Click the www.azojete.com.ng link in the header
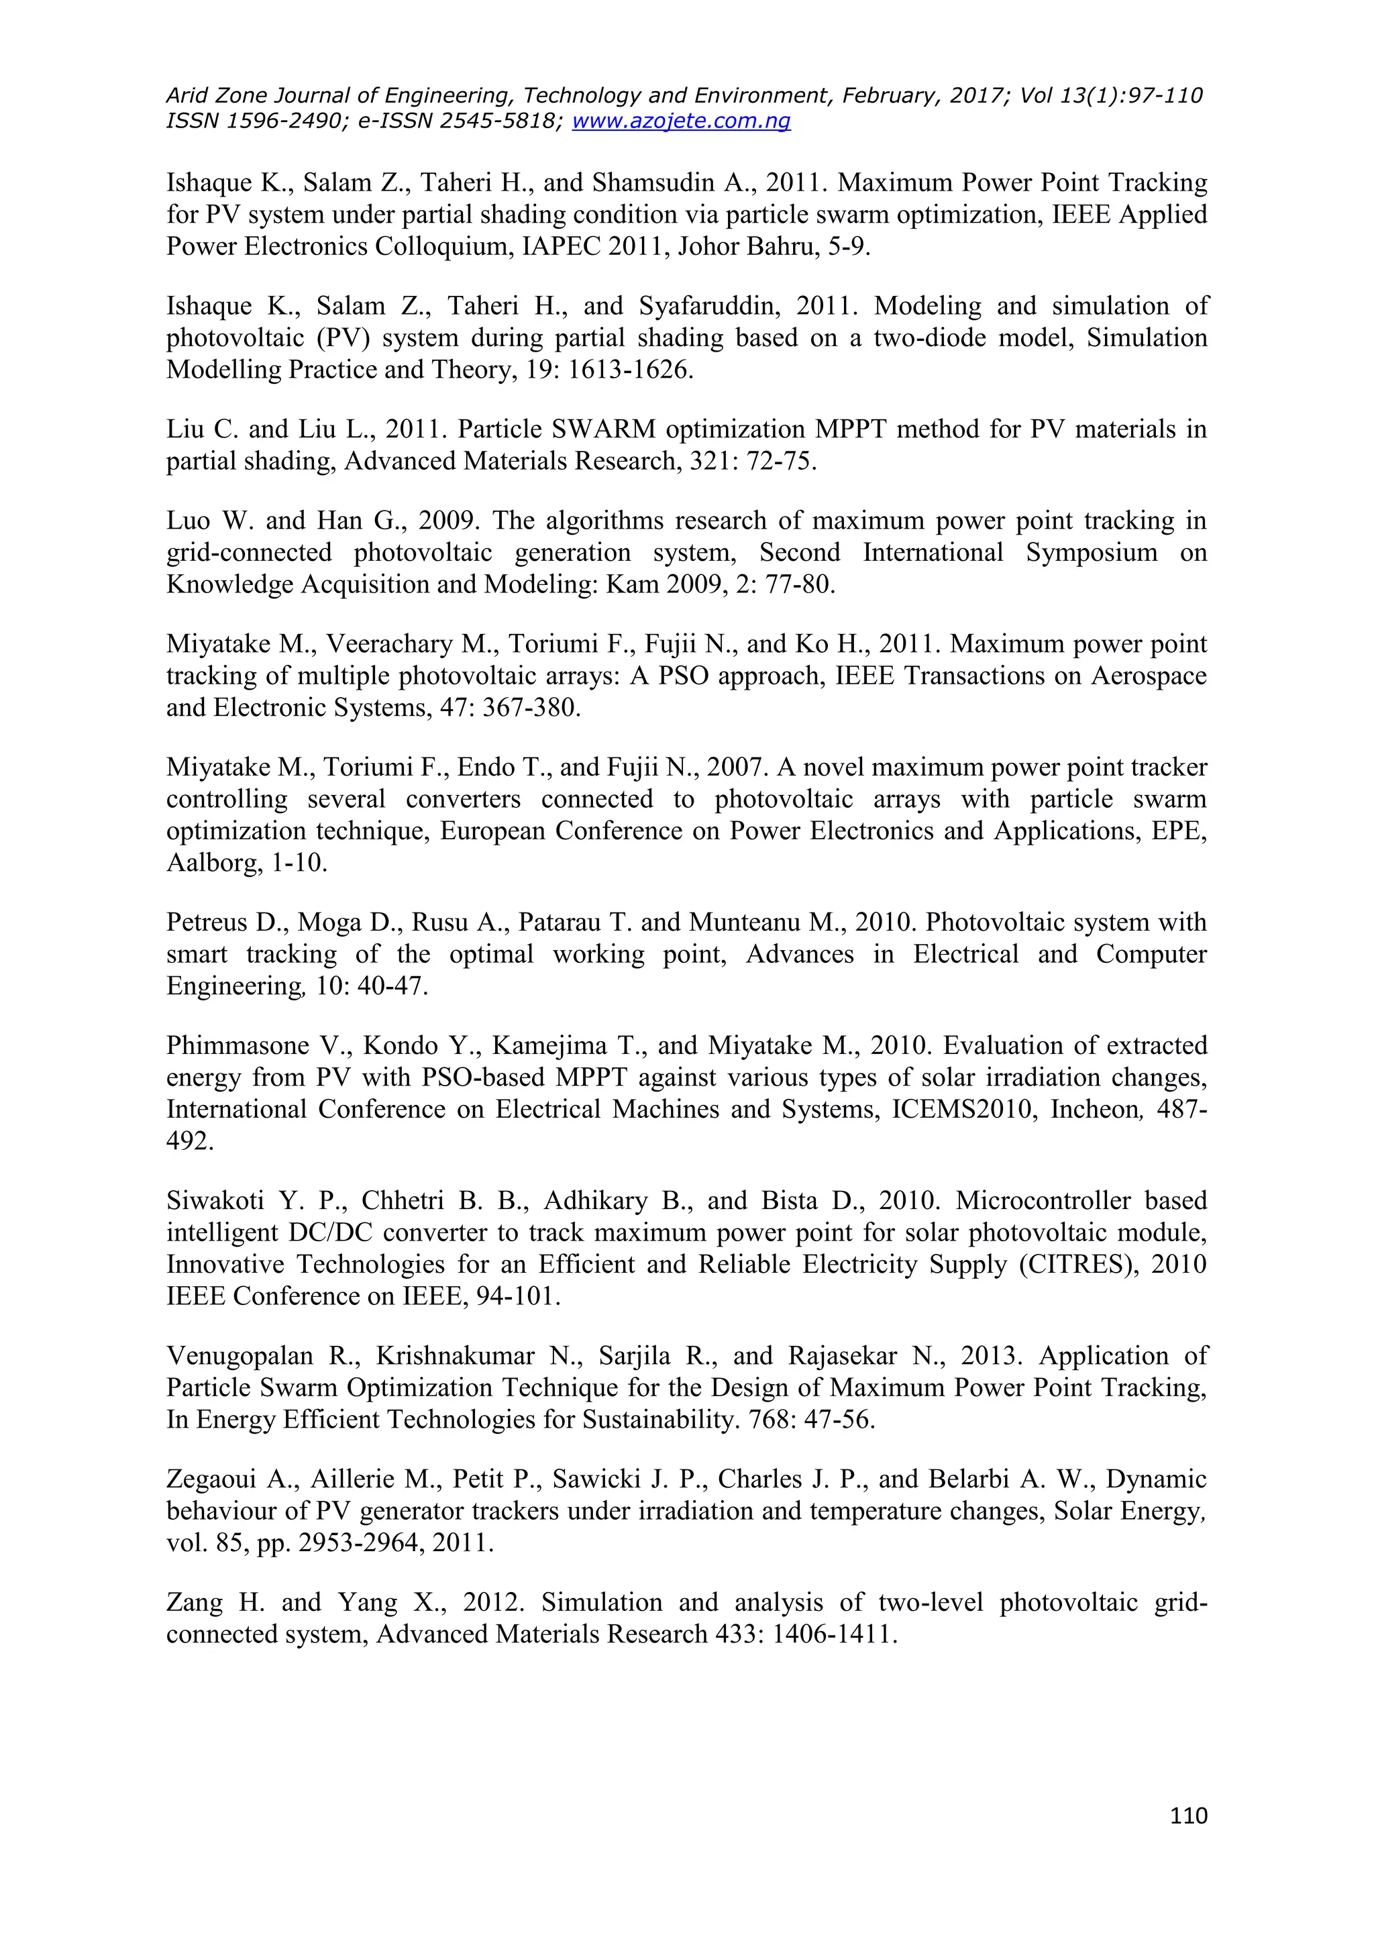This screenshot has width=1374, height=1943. click(x=681, y=121)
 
